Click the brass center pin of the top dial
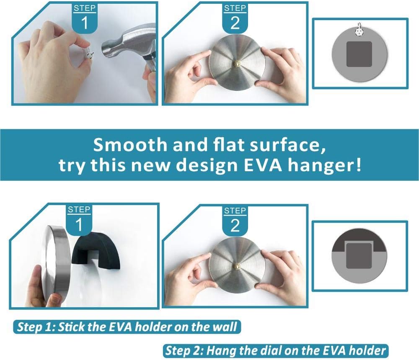click(x=236, y=64)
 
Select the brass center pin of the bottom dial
click(x=236, y=265)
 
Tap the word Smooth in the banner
click(x=130, y=145)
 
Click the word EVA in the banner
click(x=264, y=165)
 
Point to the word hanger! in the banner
click(x=324, y=165)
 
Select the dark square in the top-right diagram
click(x=359, y=54)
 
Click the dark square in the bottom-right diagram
click(x=359, y=256)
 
